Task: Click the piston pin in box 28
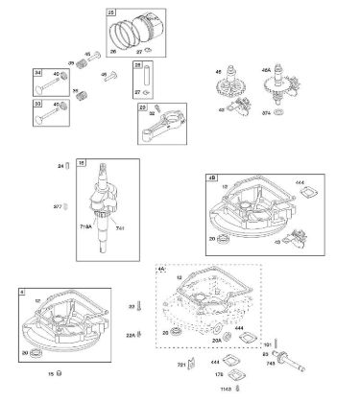point(140,76)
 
